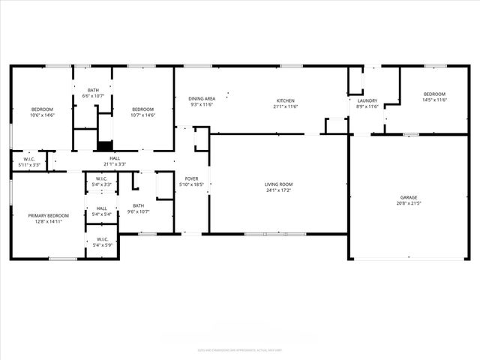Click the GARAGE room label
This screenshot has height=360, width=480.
[x=408, y=197]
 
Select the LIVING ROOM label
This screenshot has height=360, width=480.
[x=278, y=184]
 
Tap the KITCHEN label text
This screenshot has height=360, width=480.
[x=285, y=100]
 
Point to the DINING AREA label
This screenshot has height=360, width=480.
[x=202, y=98]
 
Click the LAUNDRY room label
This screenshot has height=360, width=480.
[x=367, y=100]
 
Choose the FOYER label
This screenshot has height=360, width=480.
[x=191, y=178]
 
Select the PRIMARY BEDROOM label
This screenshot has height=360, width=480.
[x=43, y=215]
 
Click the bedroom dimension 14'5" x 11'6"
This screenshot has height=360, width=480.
[x=434, y=100]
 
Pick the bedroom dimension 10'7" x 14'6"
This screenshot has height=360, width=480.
[x=142, y=115]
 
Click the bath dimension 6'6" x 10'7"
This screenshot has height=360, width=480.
[x=93, y=96]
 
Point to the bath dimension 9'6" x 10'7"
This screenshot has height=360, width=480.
[x=139, y=211]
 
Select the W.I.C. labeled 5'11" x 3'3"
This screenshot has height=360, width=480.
[x=29, y=164]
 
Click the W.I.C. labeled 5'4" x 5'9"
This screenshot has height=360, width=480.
[x=101, y=245]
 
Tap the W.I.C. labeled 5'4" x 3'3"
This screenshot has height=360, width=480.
[x=101, y=184]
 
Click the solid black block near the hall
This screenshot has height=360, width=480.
[x=105, y=146]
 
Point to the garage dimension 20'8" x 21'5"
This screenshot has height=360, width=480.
[x=408, y=203]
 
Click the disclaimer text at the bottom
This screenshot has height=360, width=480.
[x=240, y=349]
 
